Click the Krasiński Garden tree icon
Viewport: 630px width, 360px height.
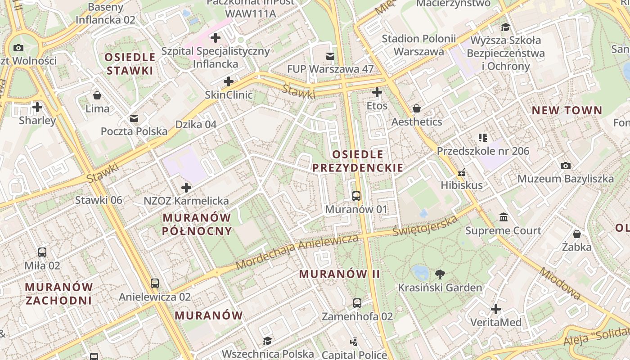(440, 274)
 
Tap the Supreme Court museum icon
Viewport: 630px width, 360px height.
(504, 217)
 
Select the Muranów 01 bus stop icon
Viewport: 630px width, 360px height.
(356, 196)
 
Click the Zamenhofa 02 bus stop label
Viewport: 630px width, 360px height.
(357, 316)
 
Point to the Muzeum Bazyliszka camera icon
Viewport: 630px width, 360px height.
(566, 166)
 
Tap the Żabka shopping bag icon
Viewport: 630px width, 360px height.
(576, 234)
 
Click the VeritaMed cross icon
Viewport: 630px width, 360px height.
(496, 309)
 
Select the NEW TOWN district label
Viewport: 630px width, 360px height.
(567, 110)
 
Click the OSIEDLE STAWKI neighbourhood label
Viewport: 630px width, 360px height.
(130, 64)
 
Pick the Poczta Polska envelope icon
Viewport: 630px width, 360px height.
(134, 118)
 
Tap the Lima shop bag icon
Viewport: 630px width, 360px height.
(97, 95)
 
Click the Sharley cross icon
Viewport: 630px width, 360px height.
(37, 107)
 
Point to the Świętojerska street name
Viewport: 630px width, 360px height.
(425, 226)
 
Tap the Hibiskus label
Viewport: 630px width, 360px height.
(461, 185)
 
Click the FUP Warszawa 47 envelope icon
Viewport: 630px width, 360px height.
(330, 56)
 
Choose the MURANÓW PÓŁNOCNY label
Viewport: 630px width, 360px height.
(197, 224)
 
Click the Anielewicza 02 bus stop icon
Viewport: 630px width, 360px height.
(155, 283)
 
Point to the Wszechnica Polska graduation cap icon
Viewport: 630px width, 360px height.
(267, 341)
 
